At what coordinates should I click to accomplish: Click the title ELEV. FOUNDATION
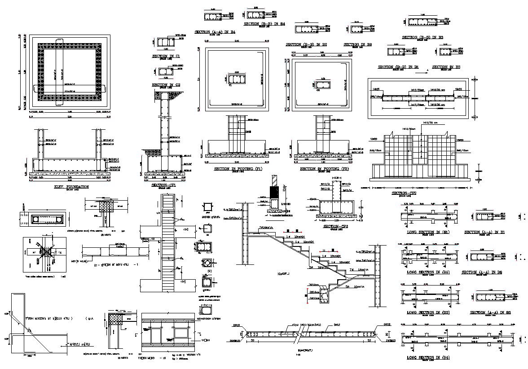[71, 186]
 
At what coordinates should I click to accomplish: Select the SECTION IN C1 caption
[166, 56]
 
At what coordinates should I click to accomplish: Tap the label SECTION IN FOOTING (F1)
[238, 169]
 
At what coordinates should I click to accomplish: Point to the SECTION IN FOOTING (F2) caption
[324, 169]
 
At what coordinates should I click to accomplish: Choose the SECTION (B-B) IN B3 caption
[422, 37]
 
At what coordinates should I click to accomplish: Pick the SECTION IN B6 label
[357, 44]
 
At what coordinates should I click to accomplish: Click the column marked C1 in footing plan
[237, 79]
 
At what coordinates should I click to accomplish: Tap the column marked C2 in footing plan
[322, 84]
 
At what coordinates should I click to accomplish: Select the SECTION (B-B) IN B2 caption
[306, 44]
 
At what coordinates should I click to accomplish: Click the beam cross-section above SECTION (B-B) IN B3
[422, 22]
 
